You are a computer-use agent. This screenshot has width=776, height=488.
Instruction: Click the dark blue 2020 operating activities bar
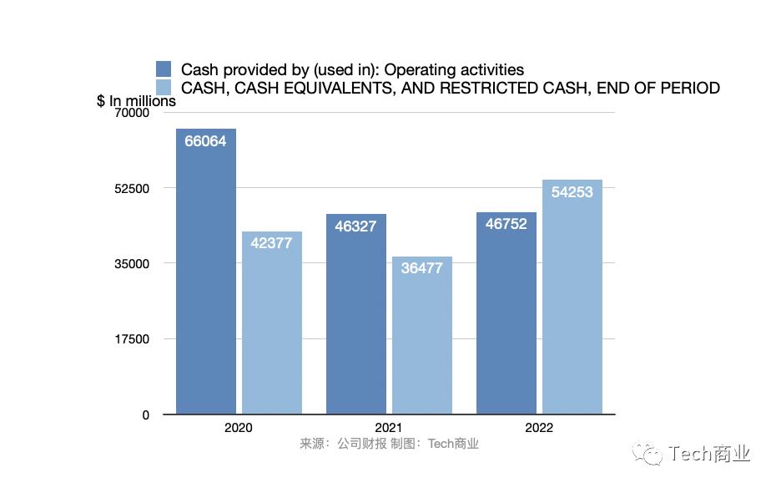[205, 276]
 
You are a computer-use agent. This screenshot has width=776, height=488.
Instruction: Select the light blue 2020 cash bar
[272, 326]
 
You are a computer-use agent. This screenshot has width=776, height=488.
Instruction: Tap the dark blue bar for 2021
[355, 318]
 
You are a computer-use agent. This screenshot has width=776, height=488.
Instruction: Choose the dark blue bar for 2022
[506, 318]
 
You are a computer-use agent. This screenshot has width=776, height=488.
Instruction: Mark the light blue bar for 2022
[572, 301]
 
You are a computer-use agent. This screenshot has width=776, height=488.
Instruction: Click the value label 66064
[205, 141]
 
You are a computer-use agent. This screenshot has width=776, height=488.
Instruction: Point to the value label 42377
[272, 244]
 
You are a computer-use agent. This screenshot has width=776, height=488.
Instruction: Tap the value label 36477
[422, 269]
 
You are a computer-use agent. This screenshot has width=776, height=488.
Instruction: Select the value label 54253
[572, 192]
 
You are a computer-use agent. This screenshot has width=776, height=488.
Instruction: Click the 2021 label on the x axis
[389, 427]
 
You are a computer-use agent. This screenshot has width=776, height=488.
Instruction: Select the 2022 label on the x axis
[539, 427]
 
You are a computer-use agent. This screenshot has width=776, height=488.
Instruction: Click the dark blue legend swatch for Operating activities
[164, 69]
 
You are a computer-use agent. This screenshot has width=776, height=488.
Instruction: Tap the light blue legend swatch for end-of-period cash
[164, 87]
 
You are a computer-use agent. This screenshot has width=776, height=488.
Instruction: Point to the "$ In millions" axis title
[137, 101]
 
